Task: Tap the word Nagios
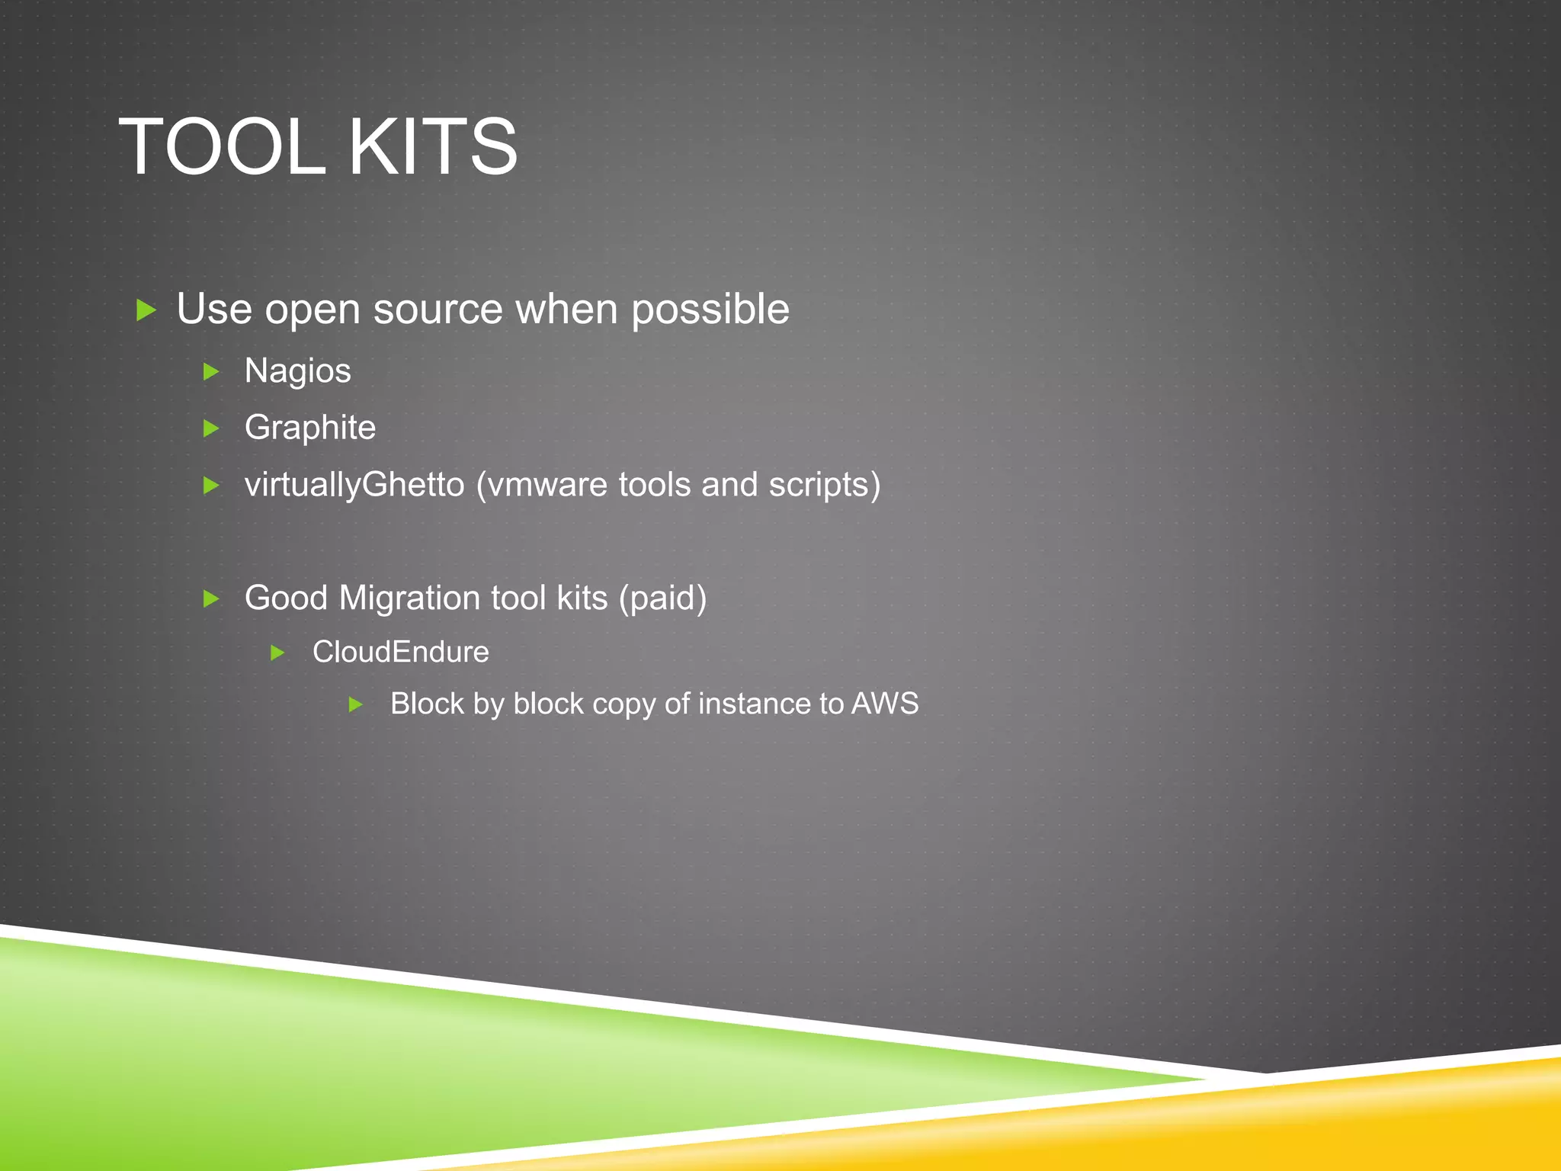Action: [x=297, y=372]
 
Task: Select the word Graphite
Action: [x=309, y=428]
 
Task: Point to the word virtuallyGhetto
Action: [x=354, y=486]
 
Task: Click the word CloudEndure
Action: [x=400, y=653]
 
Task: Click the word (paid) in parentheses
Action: [x=662, y=598]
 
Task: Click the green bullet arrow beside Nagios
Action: [x=211, y=372]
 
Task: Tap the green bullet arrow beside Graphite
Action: [x=211, y=428]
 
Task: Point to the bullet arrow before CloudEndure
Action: [x=278, y=653]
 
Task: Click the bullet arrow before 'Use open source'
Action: [x=146, y=310]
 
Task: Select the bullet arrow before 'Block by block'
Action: [x=355, y=704]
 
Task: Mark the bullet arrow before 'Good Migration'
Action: [x=211, y=598]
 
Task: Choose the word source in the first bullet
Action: [x=438, y=310]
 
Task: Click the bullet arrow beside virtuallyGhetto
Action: [x=211, y=486]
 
